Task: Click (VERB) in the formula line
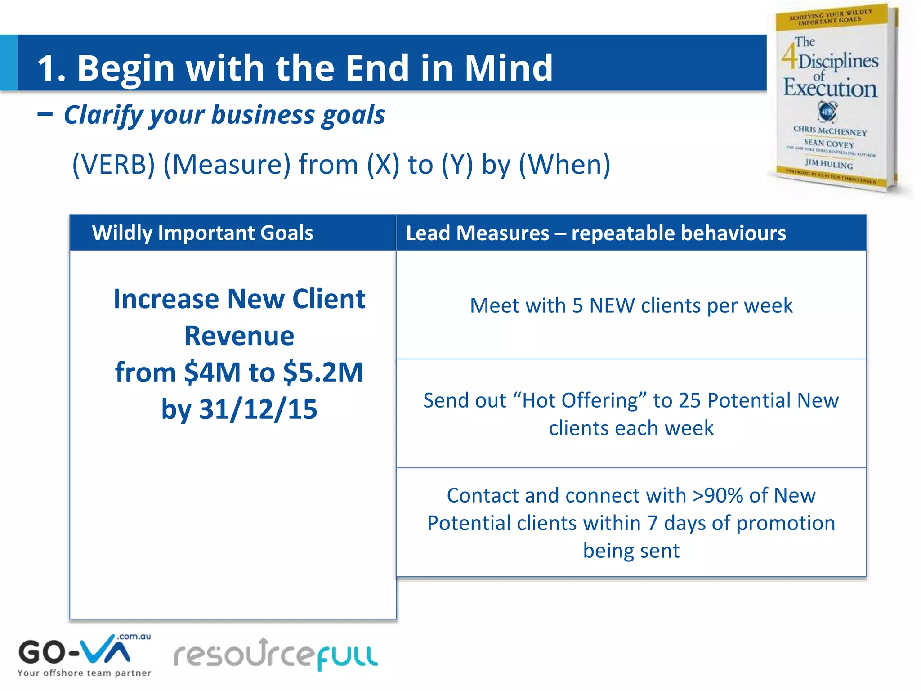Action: [x=113, y=164]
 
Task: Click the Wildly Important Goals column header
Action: [x=202, y=233]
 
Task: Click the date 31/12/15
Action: [x=258, y=409]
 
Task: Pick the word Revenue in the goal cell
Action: [x=239, y=336]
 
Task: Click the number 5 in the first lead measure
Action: [x=577, y=306]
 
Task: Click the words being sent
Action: [x=631, y=551]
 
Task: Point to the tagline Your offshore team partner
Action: [x=84, y=673]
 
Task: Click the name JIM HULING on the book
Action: [x=828, y=164]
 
